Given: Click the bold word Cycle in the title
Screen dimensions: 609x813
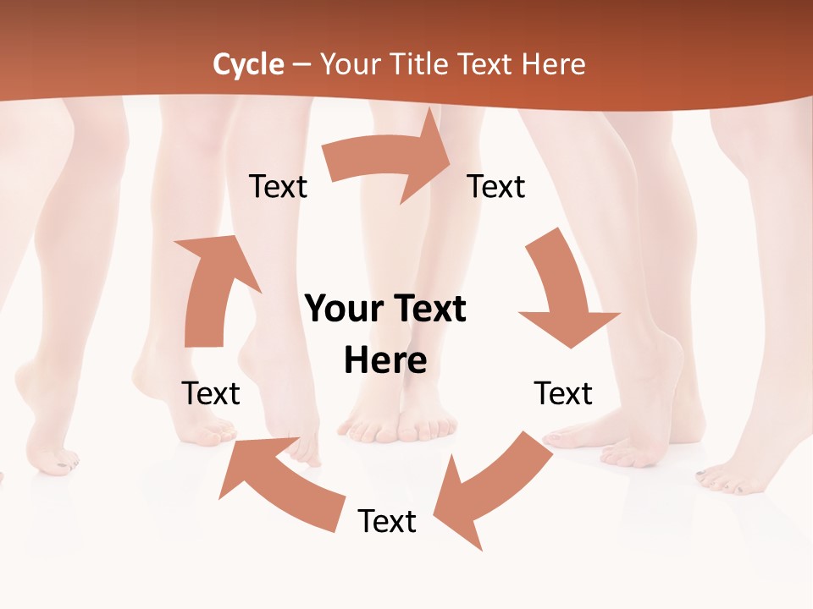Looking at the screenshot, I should tap(248, 64).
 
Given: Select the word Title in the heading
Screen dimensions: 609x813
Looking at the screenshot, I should tap(418, 64).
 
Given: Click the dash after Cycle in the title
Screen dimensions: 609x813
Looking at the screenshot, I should tap(301, 64).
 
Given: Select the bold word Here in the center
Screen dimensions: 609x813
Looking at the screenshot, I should tap(385, 361).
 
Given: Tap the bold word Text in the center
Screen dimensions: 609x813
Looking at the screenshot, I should tap(428, 310).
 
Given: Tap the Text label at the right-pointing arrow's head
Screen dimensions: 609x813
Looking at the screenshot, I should tap(496, 187).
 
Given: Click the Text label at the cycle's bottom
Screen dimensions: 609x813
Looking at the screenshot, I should tap(387, 522).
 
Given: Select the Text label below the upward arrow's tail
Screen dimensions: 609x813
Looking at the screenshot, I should tap(211, 393).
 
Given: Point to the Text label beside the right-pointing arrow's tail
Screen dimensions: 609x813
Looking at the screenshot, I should tap(278, 187).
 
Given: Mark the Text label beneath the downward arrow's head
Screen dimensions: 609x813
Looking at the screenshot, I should tap(563, 393).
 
